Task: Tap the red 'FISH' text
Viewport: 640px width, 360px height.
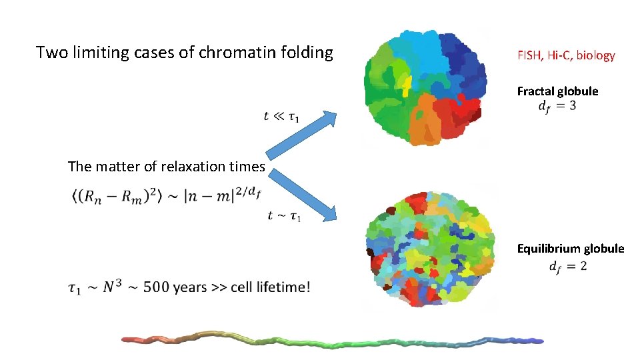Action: pyautogui.click(x=529, y=56)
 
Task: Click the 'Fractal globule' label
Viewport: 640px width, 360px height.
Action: pyautogui.click(x=557, y=91)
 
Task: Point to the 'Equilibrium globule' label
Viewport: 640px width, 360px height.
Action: pyautogui.click(x=571, y=249)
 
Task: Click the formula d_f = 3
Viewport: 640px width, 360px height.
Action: pyautogui.click(x=557, y=106)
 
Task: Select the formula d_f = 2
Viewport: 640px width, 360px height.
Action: pyautogui.click(x=567, y=267)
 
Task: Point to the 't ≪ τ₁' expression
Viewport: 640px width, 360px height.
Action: pyautogui.click(x=281, y=117)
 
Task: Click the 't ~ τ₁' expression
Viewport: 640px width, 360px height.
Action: pyautogui.click(x=283, y=215)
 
